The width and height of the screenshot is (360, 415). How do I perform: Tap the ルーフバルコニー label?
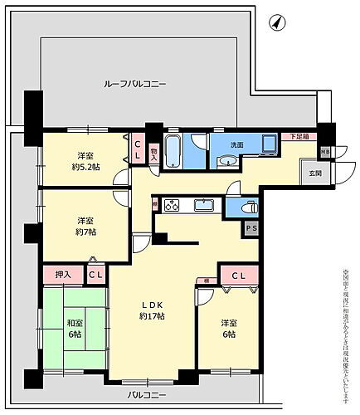point(135,84)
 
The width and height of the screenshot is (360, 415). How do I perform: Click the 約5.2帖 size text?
point(85,166)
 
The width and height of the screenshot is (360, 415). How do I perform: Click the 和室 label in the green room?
point(74,324)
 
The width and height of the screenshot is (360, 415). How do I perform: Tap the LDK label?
point(150,305)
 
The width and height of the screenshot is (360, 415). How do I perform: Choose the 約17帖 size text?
point(151,316)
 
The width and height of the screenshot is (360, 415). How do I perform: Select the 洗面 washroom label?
point(236,144)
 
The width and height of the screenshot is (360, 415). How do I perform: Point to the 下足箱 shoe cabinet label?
point(298,136)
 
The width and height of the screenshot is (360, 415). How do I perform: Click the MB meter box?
point(325,151)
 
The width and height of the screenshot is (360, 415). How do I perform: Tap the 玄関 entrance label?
point(316,173)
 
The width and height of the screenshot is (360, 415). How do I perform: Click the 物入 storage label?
point(154,153)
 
